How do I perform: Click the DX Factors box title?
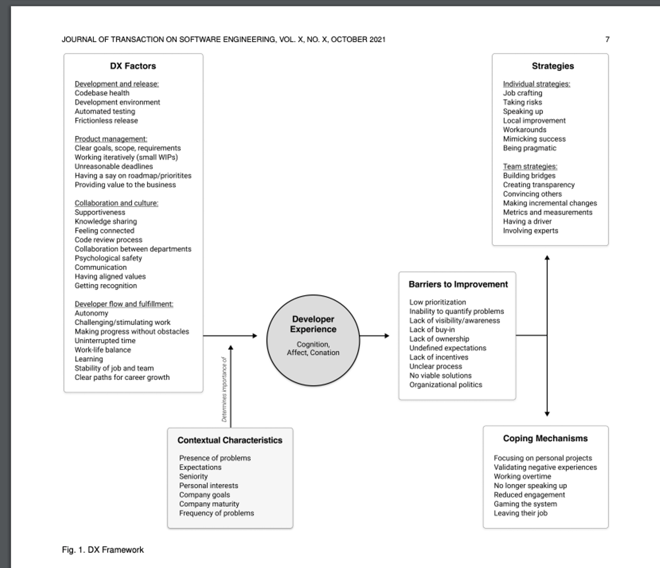click(133, 66)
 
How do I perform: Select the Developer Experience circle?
click(313, 340)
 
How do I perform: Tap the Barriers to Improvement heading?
click(458, 284)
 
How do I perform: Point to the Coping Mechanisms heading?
click(545, 438)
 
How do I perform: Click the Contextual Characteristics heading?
click(230, 440)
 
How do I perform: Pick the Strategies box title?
click(553, 66)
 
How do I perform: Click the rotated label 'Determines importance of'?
click(225, 389)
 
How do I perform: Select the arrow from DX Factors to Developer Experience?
click(230, 336)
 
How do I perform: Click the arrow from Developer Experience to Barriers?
click(374, 336)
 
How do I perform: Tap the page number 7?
click(607, 39)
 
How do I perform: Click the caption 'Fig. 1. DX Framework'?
click(103, 550)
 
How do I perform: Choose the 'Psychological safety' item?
click(108, 258)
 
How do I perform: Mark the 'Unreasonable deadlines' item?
click(114, 166)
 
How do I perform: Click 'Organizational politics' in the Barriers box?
click(445, 385)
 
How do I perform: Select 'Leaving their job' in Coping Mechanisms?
click(520, 513)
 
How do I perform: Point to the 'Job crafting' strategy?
click(522, 93)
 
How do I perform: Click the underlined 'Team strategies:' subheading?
click(530, 166)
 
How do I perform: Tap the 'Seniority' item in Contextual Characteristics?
click(193, 476)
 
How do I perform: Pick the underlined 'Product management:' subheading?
click(111, 139)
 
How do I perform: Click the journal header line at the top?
click(223, 39)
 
